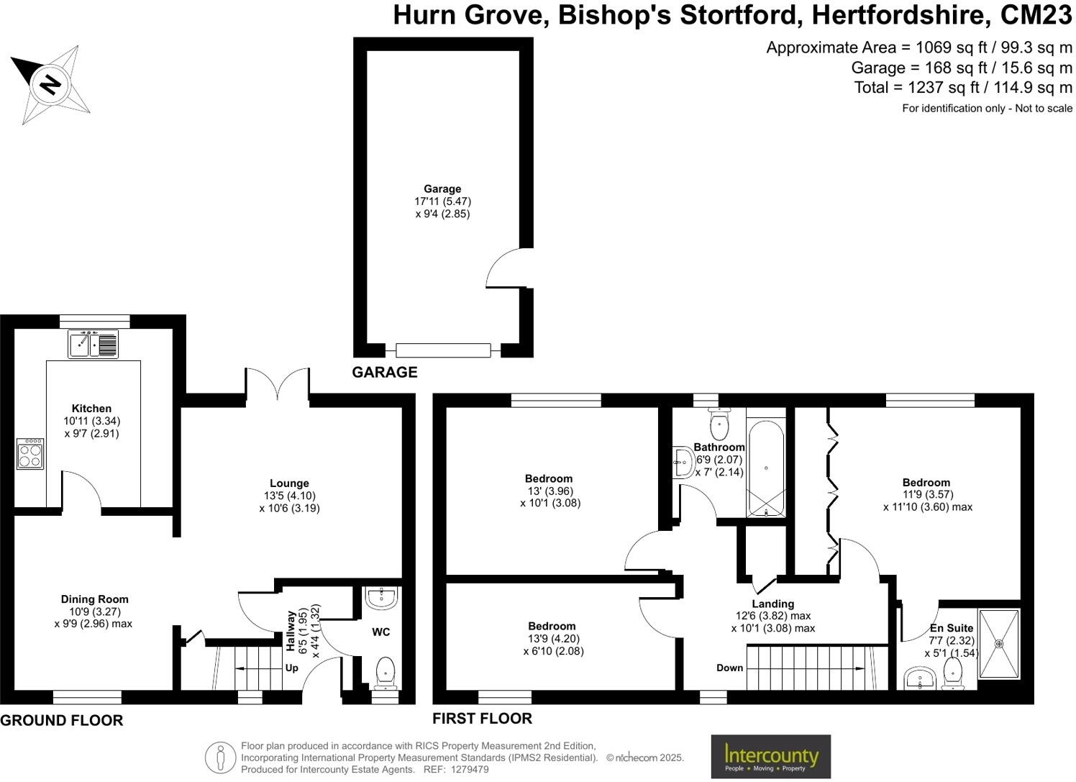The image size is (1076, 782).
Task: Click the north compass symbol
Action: tap(50, 83)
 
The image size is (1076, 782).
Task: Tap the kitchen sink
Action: tap(94, 344)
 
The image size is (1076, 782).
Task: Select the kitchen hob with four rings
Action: tap(30, 454)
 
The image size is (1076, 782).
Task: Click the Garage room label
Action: tap(442, 189)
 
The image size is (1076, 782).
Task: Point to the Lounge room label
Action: tap(289, 483)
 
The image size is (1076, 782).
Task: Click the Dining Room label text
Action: tap(94, 599)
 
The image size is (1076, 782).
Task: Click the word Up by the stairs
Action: tap(292, 668)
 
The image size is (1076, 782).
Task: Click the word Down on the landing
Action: tap(729, 668)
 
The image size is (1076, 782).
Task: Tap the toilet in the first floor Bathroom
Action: tap(719, 424)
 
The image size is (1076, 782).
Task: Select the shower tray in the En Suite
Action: tap(999, 644)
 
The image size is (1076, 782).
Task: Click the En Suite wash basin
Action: tap(920, 678)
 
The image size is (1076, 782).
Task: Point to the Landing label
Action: tap(773, 604)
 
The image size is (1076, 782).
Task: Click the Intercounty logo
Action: tap(770, 756)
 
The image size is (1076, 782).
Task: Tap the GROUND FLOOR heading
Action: tap(62, 720)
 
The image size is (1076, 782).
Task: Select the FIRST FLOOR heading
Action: tap(482, 718)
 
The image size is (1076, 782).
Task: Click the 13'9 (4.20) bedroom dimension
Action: tap(553, 639)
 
